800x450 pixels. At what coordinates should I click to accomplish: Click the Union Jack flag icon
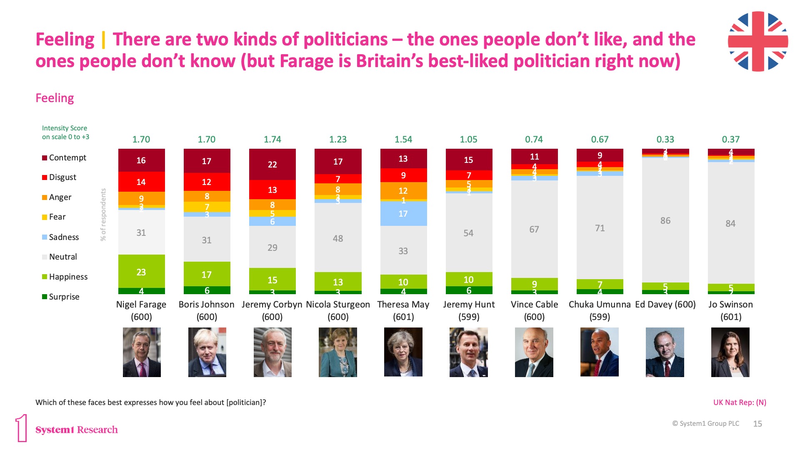tap(757, 41)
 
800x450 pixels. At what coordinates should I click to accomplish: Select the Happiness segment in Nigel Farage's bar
tap(141, 271)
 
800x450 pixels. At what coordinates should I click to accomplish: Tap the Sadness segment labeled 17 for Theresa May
tap(403, 213)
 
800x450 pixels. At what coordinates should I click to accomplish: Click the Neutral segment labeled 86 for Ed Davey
tap(665, 220)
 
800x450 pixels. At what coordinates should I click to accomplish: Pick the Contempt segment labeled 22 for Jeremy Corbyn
tap(272, 164)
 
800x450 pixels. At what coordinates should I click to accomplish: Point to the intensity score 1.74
tap(272, 139)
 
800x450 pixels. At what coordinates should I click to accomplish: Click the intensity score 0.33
tap(665, 139)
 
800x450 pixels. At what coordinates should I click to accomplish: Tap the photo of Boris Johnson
tap(207, 352)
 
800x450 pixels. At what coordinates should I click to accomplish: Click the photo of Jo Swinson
tap(730, 352)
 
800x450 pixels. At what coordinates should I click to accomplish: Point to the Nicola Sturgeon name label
tap(338, 310)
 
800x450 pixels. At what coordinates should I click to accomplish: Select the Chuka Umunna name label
tap(600, 310)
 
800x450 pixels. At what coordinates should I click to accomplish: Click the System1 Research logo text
tap(76, 430)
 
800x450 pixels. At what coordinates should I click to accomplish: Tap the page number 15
tap(757, 424)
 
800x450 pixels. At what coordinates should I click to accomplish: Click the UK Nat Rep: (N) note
tap(740, 402)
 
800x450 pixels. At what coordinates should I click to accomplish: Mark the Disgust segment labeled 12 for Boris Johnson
tap(207, 182)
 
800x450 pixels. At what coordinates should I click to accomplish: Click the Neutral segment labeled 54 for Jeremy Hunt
tap(468, 233)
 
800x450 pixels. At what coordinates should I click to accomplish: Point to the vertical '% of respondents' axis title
tap(103, 215)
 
